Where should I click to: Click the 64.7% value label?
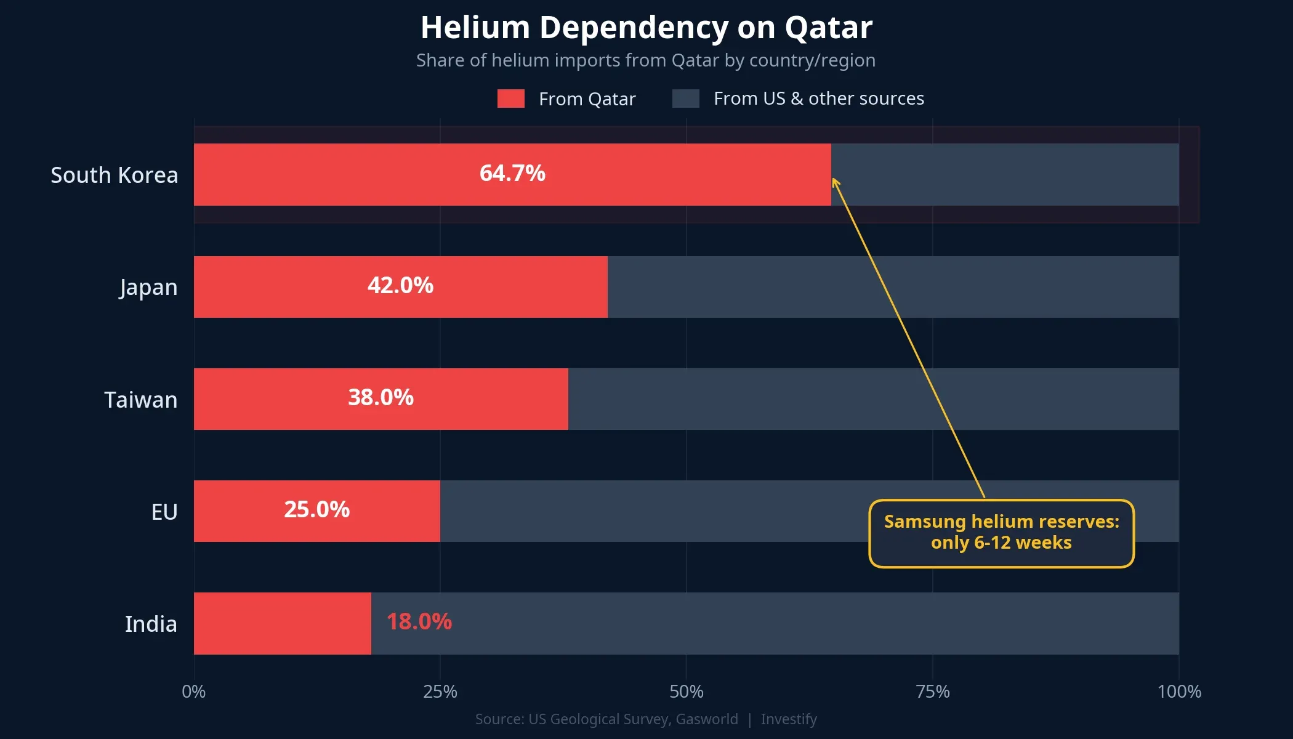coord(512,174)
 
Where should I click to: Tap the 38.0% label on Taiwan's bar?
coord(381,398)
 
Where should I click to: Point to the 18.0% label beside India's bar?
coord(419,622)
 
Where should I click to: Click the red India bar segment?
coord(282,623)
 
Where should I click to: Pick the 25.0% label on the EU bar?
coord(316,510)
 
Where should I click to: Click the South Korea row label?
coord(115,176)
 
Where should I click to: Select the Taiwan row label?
coord(140,400)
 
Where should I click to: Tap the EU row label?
coord(164,512)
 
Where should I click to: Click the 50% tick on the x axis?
coord(686,692)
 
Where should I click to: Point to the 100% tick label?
coord(1178,692)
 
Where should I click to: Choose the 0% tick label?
coord(194,692)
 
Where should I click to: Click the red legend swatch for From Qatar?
coord(510,99)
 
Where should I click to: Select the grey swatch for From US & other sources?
coord(685,99)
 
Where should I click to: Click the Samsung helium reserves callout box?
coord(1001,533)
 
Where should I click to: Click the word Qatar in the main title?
coord(828,28)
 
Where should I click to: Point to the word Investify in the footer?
coord(788,719)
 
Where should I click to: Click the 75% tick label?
coord(932,692)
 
